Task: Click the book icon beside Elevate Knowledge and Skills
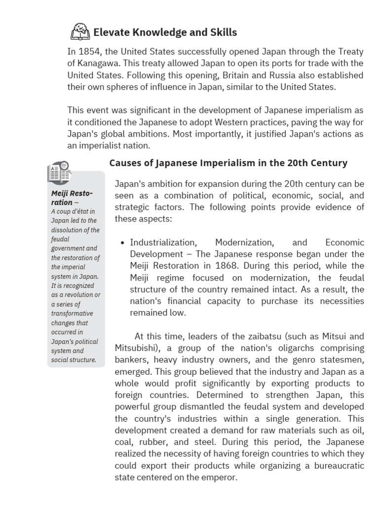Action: tap(80, 33)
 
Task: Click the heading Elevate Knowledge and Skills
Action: tap(165, 33)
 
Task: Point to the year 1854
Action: tap(89, 52)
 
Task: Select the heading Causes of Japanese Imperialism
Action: tap(228, 163)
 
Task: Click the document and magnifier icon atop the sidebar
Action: tap(59, 172)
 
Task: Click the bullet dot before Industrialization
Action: tap(122, 243)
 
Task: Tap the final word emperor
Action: tap(220, 478)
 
